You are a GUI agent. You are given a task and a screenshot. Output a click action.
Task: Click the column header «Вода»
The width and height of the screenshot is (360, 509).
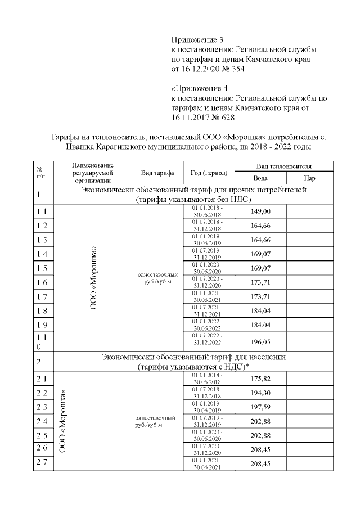(260, 178)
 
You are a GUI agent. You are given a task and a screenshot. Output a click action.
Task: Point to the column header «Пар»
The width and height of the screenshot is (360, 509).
(309, 178)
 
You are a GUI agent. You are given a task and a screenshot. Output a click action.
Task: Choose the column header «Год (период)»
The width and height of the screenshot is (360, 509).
(209, 173)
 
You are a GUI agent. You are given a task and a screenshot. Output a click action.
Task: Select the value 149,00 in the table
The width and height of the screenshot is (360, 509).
(260, 211)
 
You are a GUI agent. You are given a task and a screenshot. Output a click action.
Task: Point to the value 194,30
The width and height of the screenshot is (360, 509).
(260, 393)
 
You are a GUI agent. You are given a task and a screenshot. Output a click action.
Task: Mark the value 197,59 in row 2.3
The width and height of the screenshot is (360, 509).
(260, 407)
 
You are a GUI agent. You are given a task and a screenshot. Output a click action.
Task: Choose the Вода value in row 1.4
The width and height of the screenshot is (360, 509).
(260, 254)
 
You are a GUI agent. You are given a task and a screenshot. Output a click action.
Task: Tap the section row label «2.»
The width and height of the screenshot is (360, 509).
(40, 361)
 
